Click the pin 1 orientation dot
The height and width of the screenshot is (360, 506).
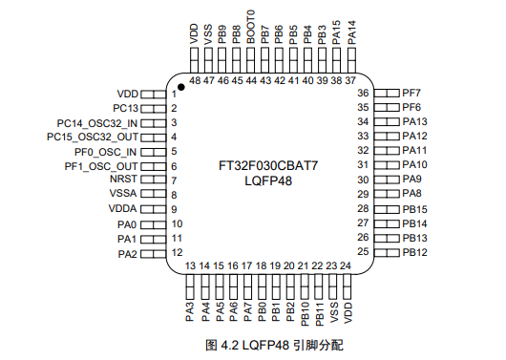(x=181, y=86)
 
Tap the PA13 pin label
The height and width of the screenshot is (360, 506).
(x=414, y=122)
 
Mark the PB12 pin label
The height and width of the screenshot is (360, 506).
(x=414, y=252)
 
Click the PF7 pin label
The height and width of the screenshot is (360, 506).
(x=411, y=93)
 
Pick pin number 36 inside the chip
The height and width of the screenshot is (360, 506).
(x=363, y=94)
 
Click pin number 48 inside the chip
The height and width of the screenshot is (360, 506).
(x=194, y=81)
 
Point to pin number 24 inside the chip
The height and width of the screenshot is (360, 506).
(x=346, y=265)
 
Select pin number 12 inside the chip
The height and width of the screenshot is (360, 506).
(x=177, y=252)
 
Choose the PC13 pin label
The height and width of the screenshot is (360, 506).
(x=126, y=109)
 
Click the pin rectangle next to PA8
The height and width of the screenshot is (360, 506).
(x=386, y=194)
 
